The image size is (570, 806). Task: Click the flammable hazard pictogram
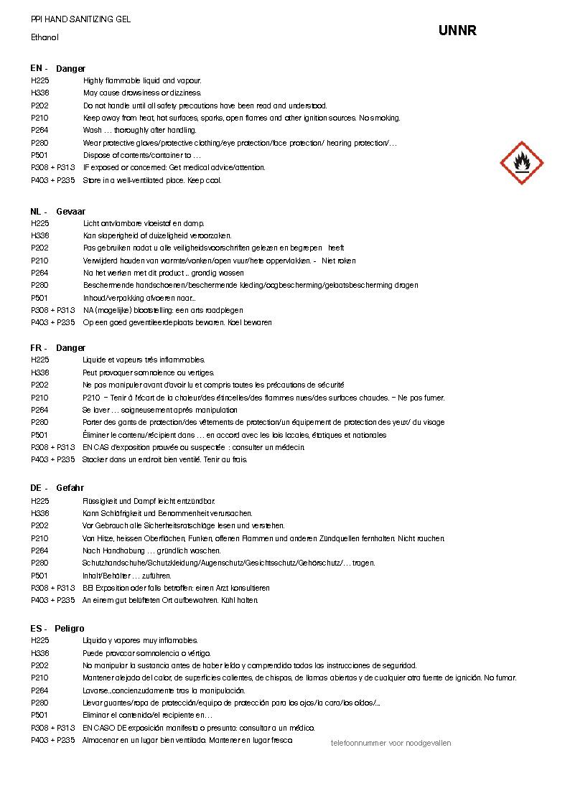[x=521, y=163]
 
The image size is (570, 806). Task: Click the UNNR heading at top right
[x=457, y=31]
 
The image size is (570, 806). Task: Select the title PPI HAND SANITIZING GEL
[x=80, y=19]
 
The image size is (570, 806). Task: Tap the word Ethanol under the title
[x=45, y=37]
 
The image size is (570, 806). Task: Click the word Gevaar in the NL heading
[x=70, y=212]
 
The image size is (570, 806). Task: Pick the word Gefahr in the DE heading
[x=70, y=488]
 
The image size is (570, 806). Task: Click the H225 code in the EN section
[x=39, y=81]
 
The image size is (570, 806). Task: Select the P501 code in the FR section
[x=39, y=435]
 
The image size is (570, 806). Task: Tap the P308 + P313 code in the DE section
[x=52, y=588]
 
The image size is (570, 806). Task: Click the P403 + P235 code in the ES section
[x=52, y=740]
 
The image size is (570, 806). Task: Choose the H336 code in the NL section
[x=39, y=235]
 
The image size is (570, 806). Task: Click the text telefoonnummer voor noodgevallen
[x=391, y=744]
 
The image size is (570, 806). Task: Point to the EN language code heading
[x=38, y=68]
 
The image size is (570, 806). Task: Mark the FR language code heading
[x=38, y=348]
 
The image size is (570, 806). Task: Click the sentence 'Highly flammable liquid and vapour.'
[x=142, y=81]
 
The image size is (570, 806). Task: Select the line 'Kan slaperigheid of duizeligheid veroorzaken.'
[x=157, y=235]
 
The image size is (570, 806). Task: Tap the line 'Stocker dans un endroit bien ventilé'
[x=164, y=459]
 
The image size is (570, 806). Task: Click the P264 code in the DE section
[x=39, y=550]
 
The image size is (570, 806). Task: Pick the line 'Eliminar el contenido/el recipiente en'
[x=147, y=715]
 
